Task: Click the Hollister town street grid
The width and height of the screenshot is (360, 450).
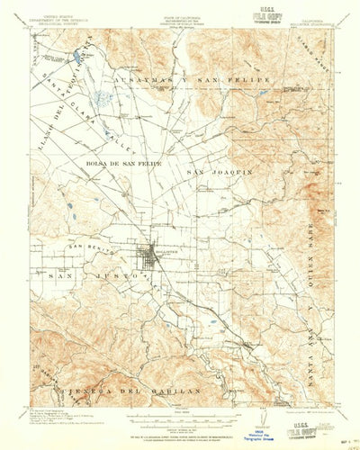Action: (148, 257)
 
